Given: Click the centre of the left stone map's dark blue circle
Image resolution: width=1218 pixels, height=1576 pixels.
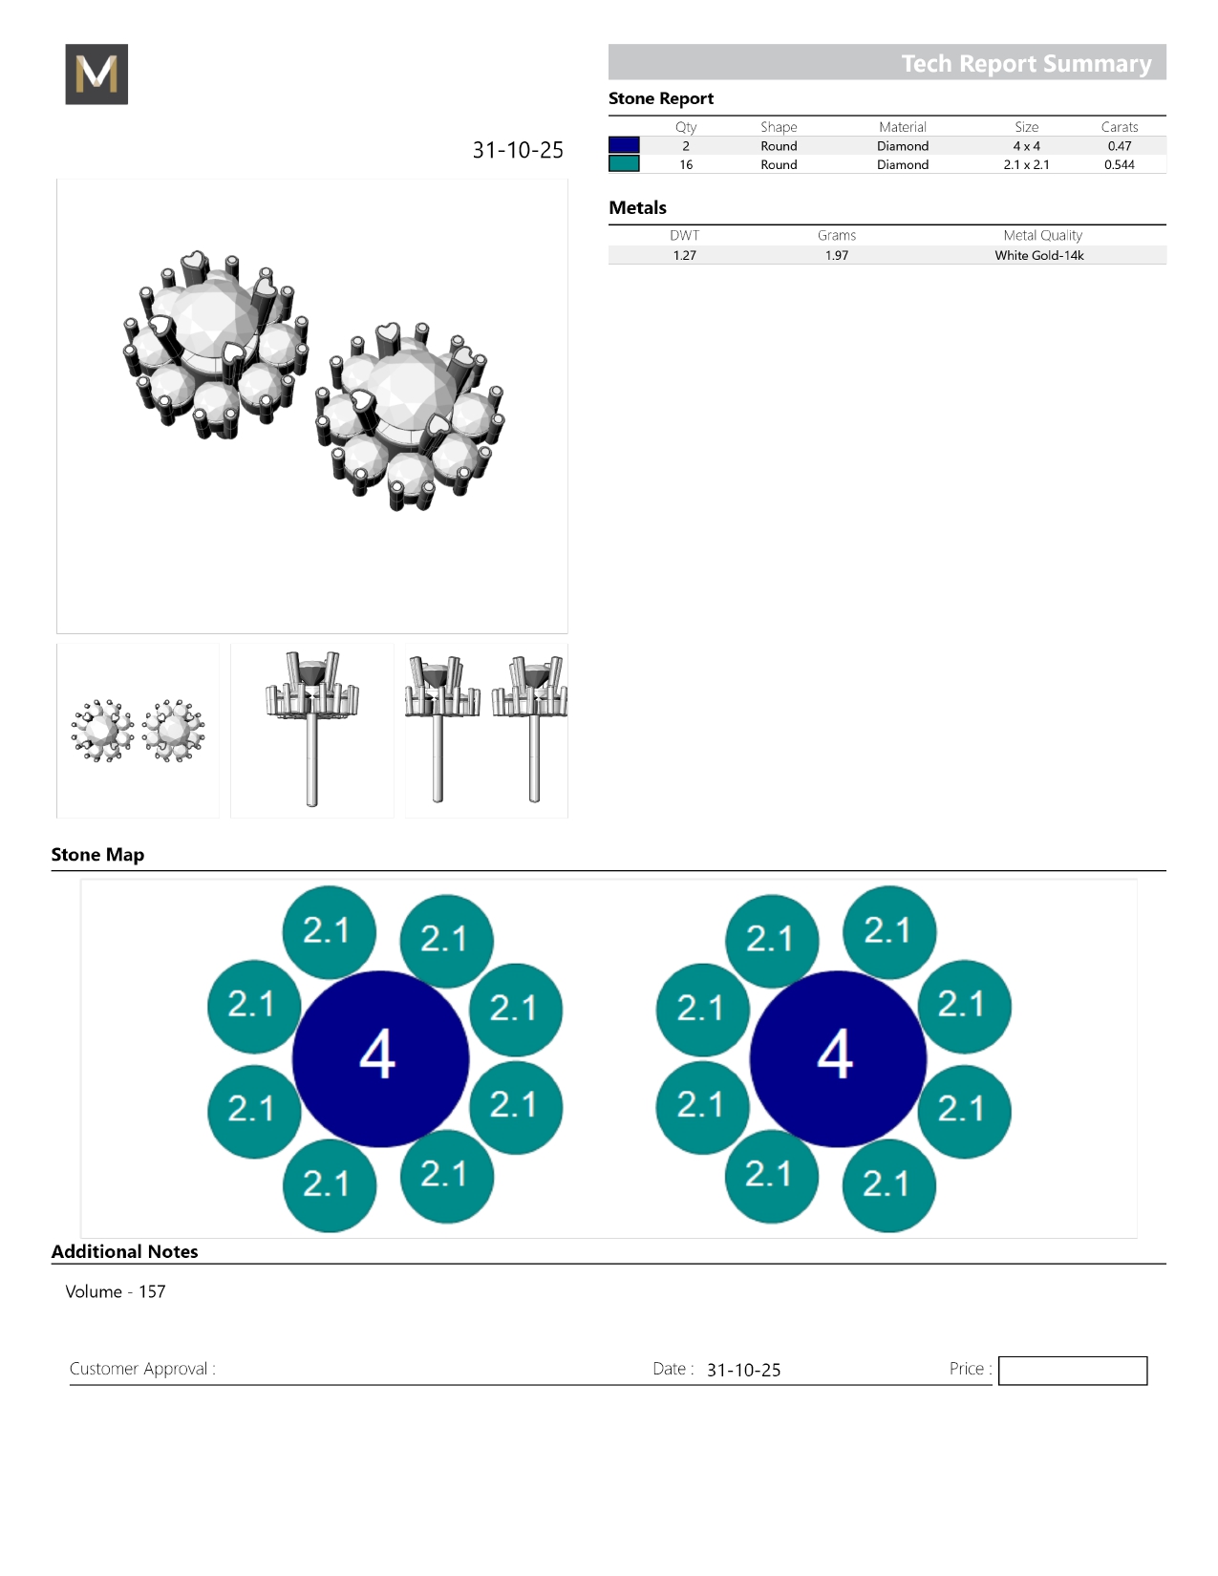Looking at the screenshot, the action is [x=380, y=1059].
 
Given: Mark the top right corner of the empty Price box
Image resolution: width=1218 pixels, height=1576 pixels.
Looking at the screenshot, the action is [x=1147, y=1357].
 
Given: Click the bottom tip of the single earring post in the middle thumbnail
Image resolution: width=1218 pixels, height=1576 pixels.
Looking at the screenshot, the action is [x=312, y=805].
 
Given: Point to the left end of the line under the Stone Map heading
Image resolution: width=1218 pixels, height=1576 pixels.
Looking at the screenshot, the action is [x=52, y=870].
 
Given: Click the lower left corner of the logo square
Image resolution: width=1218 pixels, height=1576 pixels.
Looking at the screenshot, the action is [x=66, y=104].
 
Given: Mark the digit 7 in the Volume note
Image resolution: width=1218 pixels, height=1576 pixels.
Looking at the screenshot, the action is [x=160, y=1291].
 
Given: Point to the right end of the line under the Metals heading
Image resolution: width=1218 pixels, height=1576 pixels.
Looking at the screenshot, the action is [x=1165, y=224].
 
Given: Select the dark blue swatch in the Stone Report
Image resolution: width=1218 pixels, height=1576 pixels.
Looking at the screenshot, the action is [x=624, y=145].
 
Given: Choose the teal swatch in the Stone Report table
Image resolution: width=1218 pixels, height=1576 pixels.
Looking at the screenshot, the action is [x=624, y=164].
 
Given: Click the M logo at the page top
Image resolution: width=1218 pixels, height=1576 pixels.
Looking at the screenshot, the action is [x=96, y=74].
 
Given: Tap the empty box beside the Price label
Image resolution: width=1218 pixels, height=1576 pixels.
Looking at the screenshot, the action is [x=1073, y=1371].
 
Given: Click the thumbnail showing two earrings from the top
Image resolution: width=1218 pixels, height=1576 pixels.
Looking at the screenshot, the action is [x=138, y=731].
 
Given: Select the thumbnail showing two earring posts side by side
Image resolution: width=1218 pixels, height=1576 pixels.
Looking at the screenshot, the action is [x=486, y=731].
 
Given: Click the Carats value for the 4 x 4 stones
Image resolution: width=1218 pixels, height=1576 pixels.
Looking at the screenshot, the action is [x=1120, y=146].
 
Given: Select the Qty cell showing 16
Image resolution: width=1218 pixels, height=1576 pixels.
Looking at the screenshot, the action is [x=686, y=164].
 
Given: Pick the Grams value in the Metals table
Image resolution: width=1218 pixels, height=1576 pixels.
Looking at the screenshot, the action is [x=837, y=255].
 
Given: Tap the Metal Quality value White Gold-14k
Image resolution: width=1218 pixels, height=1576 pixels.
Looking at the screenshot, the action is [x=1039, y=255].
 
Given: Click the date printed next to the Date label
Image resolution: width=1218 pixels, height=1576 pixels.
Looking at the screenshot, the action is [x=743, y=1370].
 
